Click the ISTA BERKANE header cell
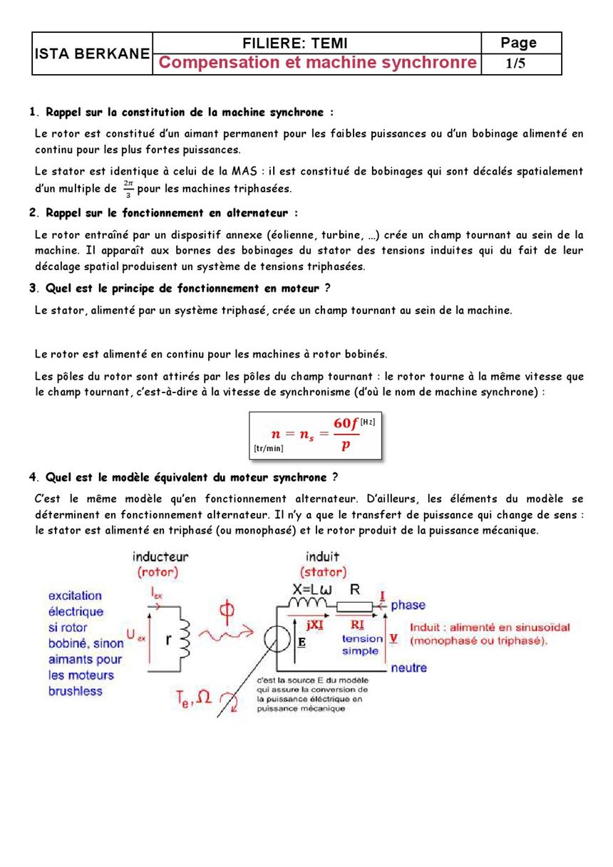(92, 54)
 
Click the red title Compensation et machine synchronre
(317, 63)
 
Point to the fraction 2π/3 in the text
(128, 189)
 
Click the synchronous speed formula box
(316, 435)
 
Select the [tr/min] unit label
(268, 448)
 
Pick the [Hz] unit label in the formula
(367, 422)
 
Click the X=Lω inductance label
(311, 589)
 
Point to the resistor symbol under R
(354, 606)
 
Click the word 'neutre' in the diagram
(408, 668)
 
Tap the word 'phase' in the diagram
(408, 605)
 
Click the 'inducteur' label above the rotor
(160, 556)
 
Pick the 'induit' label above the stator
(322, 556)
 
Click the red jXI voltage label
(314, 624)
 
